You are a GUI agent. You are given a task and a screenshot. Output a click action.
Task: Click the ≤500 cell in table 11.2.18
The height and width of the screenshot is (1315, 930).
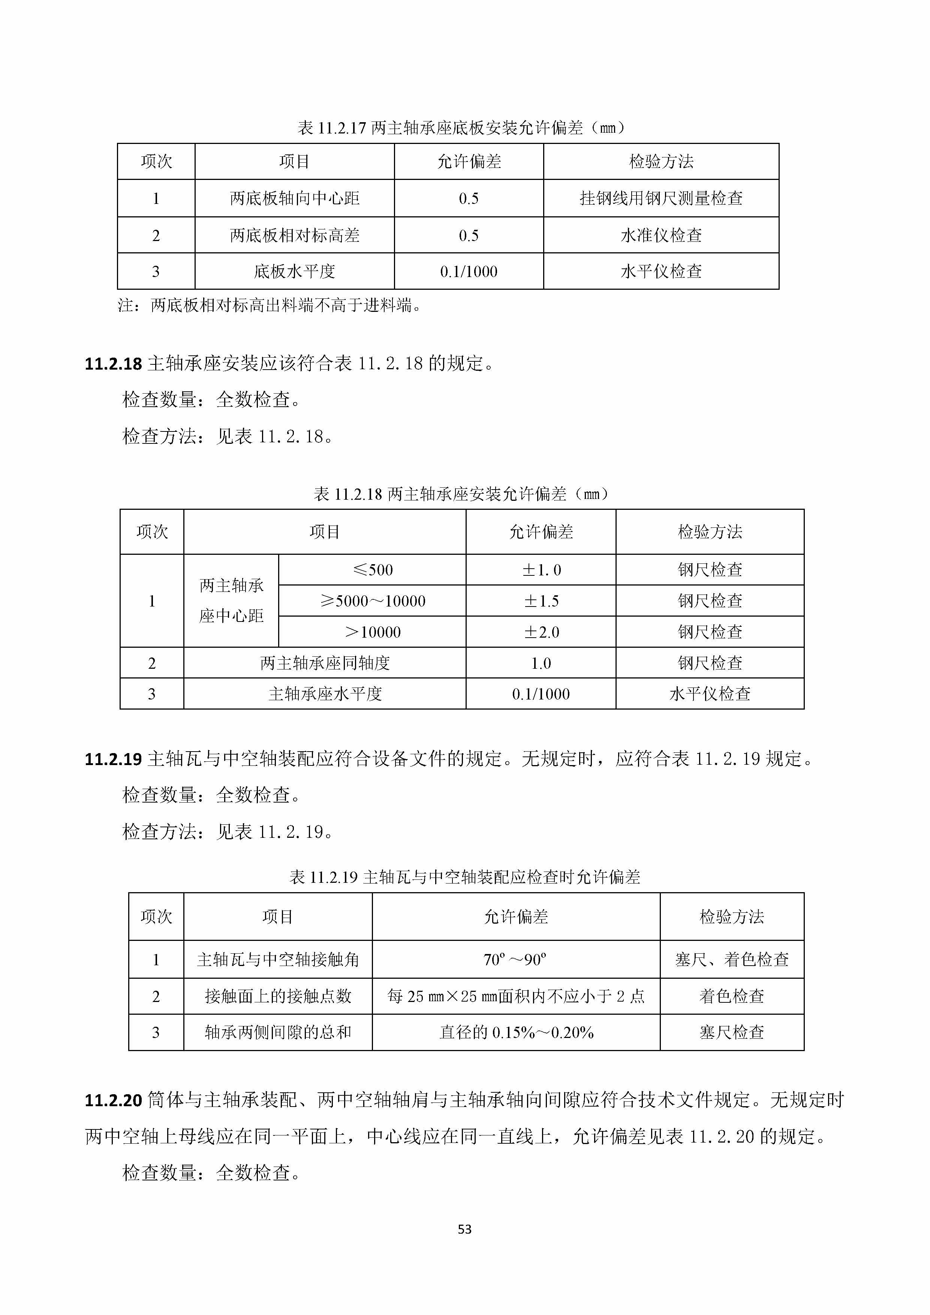click(x=372, y=569)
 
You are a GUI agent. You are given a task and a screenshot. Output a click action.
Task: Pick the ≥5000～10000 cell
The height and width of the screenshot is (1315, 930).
click(x=372, y=601)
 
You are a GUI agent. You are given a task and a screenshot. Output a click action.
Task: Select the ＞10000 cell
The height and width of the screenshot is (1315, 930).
click(x=372, y=632)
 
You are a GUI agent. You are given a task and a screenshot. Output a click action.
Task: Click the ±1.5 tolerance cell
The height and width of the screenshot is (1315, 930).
click(x=541, y=601)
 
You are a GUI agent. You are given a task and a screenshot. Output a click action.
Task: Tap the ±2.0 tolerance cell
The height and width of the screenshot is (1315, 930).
click(x=541, y=632)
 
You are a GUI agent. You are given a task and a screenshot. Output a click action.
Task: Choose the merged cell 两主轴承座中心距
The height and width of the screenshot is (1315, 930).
click(x=231, y=601)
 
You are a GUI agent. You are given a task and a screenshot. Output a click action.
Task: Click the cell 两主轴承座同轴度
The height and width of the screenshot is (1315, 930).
click(x=325, y=663)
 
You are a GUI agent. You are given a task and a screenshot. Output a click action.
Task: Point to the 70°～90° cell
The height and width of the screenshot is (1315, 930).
click(x=515, y=959)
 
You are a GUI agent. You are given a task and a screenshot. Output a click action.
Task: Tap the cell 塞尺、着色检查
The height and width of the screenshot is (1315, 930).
click(x=732, y=959)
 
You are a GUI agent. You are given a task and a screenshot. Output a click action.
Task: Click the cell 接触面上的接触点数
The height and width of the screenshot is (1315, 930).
click(x=278, y=996)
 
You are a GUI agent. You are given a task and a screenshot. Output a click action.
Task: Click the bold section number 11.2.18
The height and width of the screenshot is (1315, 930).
click(x=113, y=364)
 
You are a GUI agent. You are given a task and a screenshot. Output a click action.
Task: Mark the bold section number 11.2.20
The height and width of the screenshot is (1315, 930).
click(x=113, y=1100)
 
